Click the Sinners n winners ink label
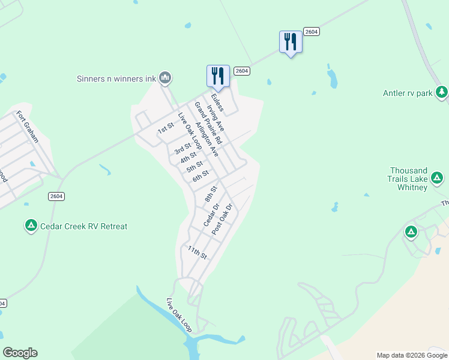(x=116, y=78)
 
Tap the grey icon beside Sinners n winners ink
(x=166, y=78)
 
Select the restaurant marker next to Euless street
(x=218, y=76)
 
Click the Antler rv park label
(x=408, y=93)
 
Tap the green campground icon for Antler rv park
(x=442, y=92)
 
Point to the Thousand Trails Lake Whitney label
(x=408, y=179)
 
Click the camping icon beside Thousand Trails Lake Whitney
(x=438, y=178)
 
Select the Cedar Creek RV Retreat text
(x=83, y=226)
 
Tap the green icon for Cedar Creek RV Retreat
(x=31, y=226)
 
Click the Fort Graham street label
(x=28, y=127)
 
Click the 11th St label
(x=197, y=253)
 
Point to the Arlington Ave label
(x=206, y=140)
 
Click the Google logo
(x=20, y=353)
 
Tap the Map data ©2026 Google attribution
(x=411, y=355)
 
